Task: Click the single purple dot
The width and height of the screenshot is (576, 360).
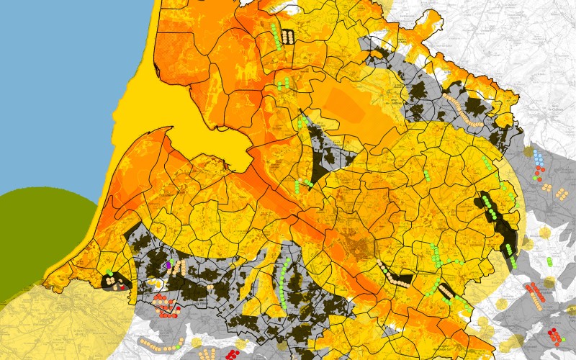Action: click(168, 265)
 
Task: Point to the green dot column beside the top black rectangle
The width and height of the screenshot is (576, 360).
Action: click(278, 36)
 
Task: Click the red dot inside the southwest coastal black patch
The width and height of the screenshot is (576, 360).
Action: click(122, 287)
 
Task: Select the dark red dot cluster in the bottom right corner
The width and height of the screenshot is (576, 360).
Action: click(554, 336)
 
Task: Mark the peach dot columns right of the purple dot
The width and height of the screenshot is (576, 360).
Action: click(179, 267)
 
